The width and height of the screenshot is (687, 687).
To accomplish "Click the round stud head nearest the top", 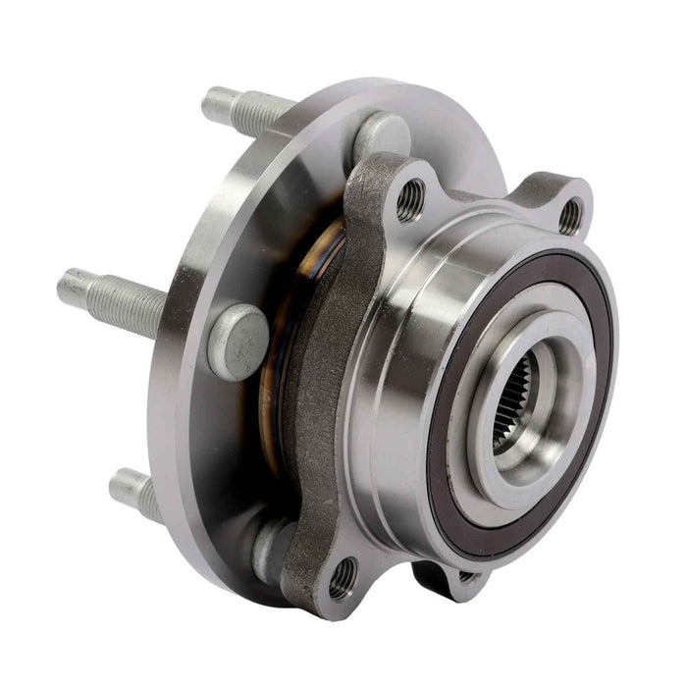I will coord(382,135).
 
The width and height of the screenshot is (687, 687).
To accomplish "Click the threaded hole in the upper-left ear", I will coord(410,201).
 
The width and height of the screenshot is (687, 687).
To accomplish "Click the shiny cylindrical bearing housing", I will coord(393,393).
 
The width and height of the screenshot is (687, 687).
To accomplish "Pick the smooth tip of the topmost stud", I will coord(215,100).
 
